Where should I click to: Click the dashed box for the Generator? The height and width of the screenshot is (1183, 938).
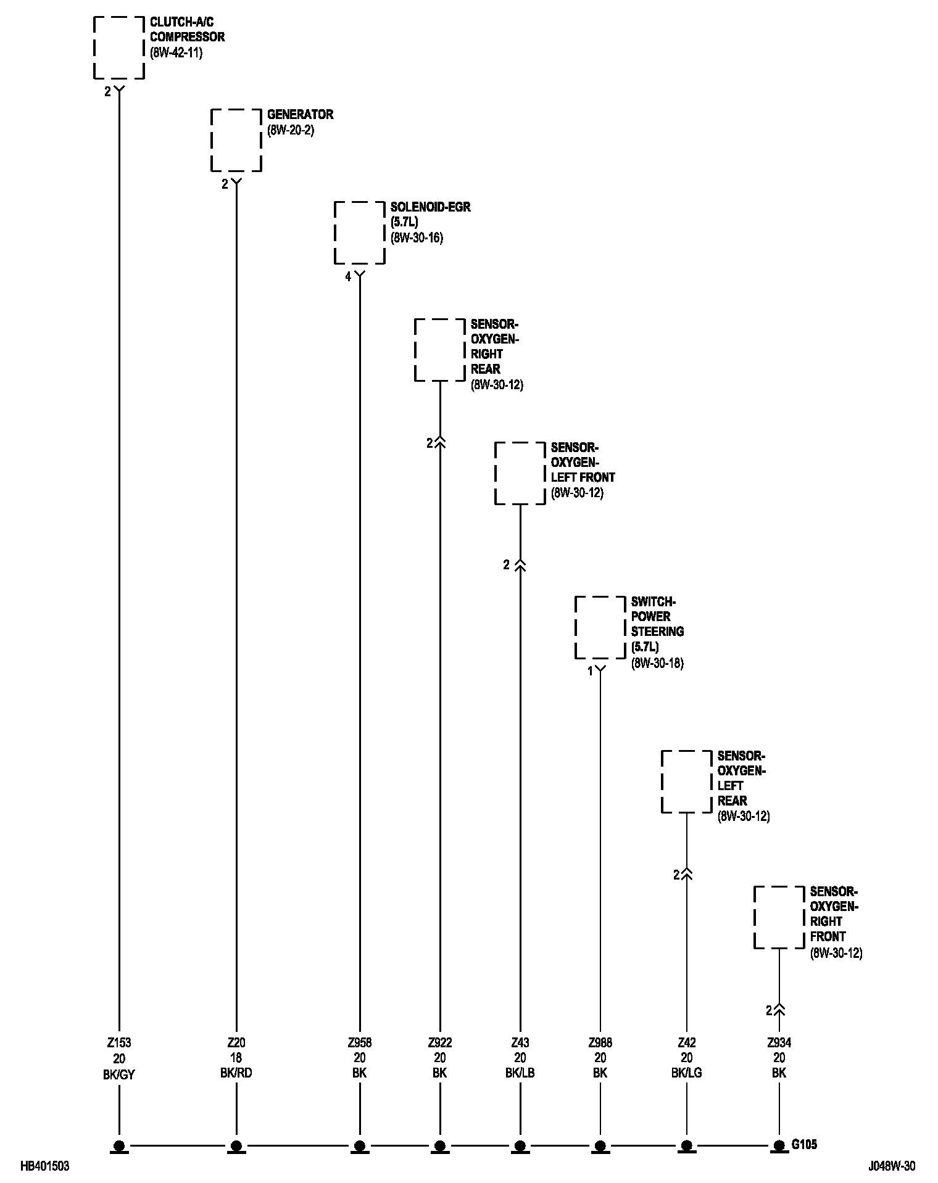coord(236,140)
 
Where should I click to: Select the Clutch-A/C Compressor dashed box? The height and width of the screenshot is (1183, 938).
coord(118,47)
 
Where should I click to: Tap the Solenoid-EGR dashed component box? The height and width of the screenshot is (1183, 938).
coord(359,233)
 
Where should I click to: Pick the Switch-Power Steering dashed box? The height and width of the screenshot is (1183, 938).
coord(600,627)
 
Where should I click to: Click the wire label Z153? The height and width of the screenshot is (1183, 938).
coord(119,1043)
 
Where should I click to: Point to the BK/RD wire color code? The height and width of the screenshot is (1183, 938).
coord(236,1073)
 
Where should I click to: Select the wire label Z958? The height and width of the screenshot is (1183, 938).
coord(359,1043)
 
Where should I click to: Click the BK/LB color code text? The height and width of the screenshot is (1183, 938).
coord(520,1073)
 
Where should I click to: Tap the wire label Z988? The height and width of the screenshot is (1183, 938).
coord(600,1043)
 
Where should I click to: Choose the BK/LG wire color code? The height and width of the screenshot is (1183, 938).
coord(686,1073)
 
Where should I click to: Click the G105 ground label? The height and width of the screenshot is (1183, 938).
coord(804,1144)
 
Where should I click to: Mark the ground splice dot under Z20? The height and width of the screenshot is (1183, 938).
coord(236,1145)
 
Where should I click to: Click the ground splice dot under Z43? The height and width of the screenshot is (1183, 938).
coord(520,1145)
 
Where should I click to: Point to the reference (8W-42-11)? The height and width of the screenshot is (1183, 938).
coord(176,52)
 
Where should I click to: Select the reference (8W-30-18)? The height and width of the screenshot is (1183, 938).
coord(657,664)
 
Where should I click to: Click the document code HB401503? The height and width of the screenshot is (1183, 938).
coord(44,1166)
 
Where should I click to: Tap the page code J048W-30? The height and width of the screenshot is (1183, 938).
coord(892,1166)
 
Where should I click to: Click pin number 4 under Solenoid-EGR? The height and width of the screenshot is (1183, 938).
coord(348,277)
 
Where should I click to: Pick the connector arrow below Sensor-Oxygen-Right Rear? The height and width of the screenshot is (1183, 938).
coord(439,442)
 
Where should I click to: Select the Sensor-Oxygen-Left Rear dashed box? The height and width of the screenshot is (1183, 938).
coord(686,781)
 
